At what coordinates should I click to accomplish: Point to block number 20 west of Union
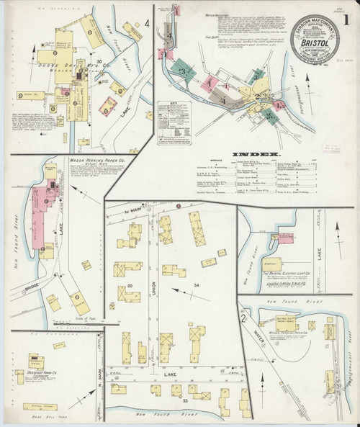(130, 286)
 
